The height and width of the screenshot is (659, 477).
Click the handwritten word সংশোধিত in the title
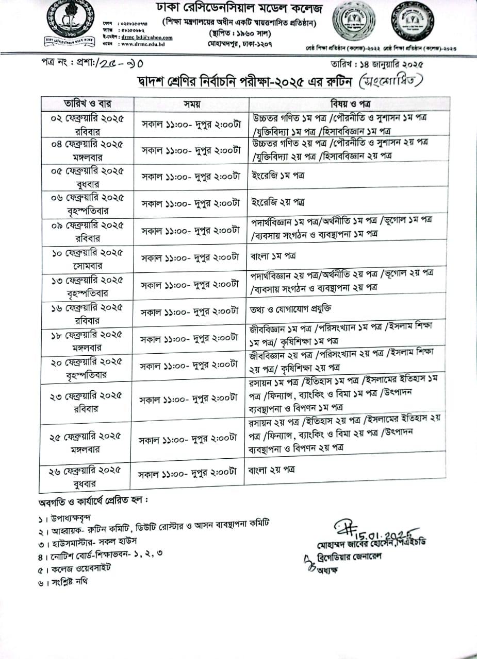click(x=393, y=81)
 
